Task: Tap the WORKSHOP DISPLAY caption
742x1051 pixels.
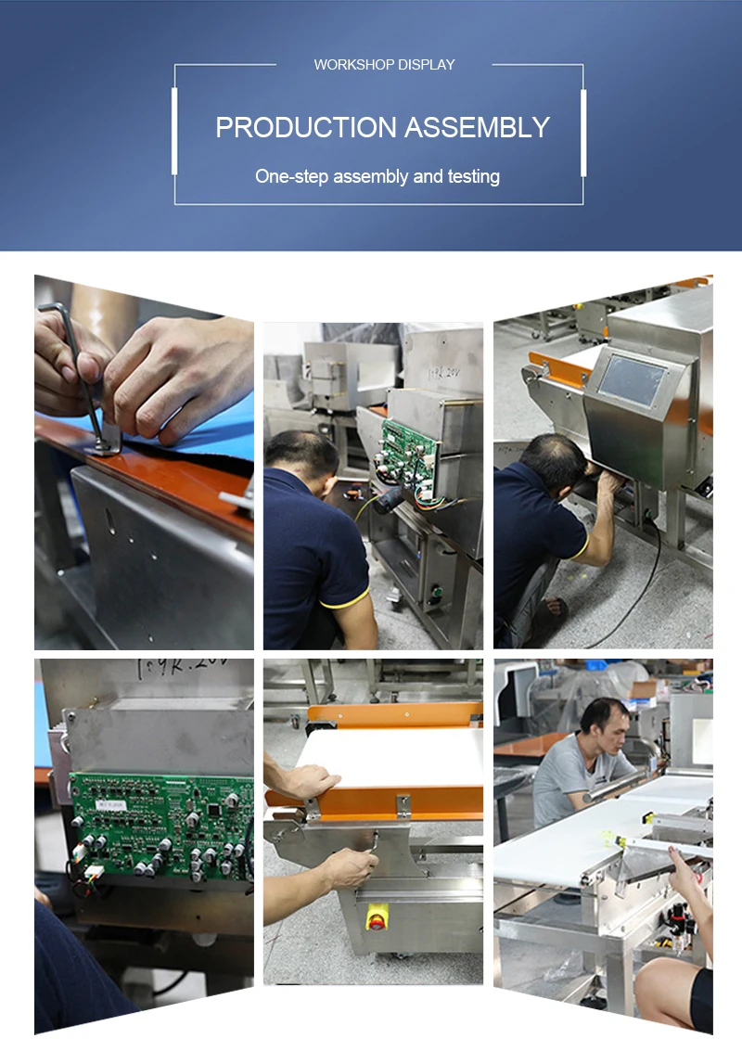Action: coord(384,65)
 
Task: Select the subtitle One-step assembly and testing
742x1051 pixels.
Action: coord(377,176)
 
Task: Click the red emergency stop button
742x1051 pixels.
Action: coord(377,920)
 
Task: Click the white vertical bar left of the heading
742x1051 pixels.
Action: coord(174,131)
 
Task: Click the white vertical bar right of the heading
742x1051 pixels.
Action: coord(583,131)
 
